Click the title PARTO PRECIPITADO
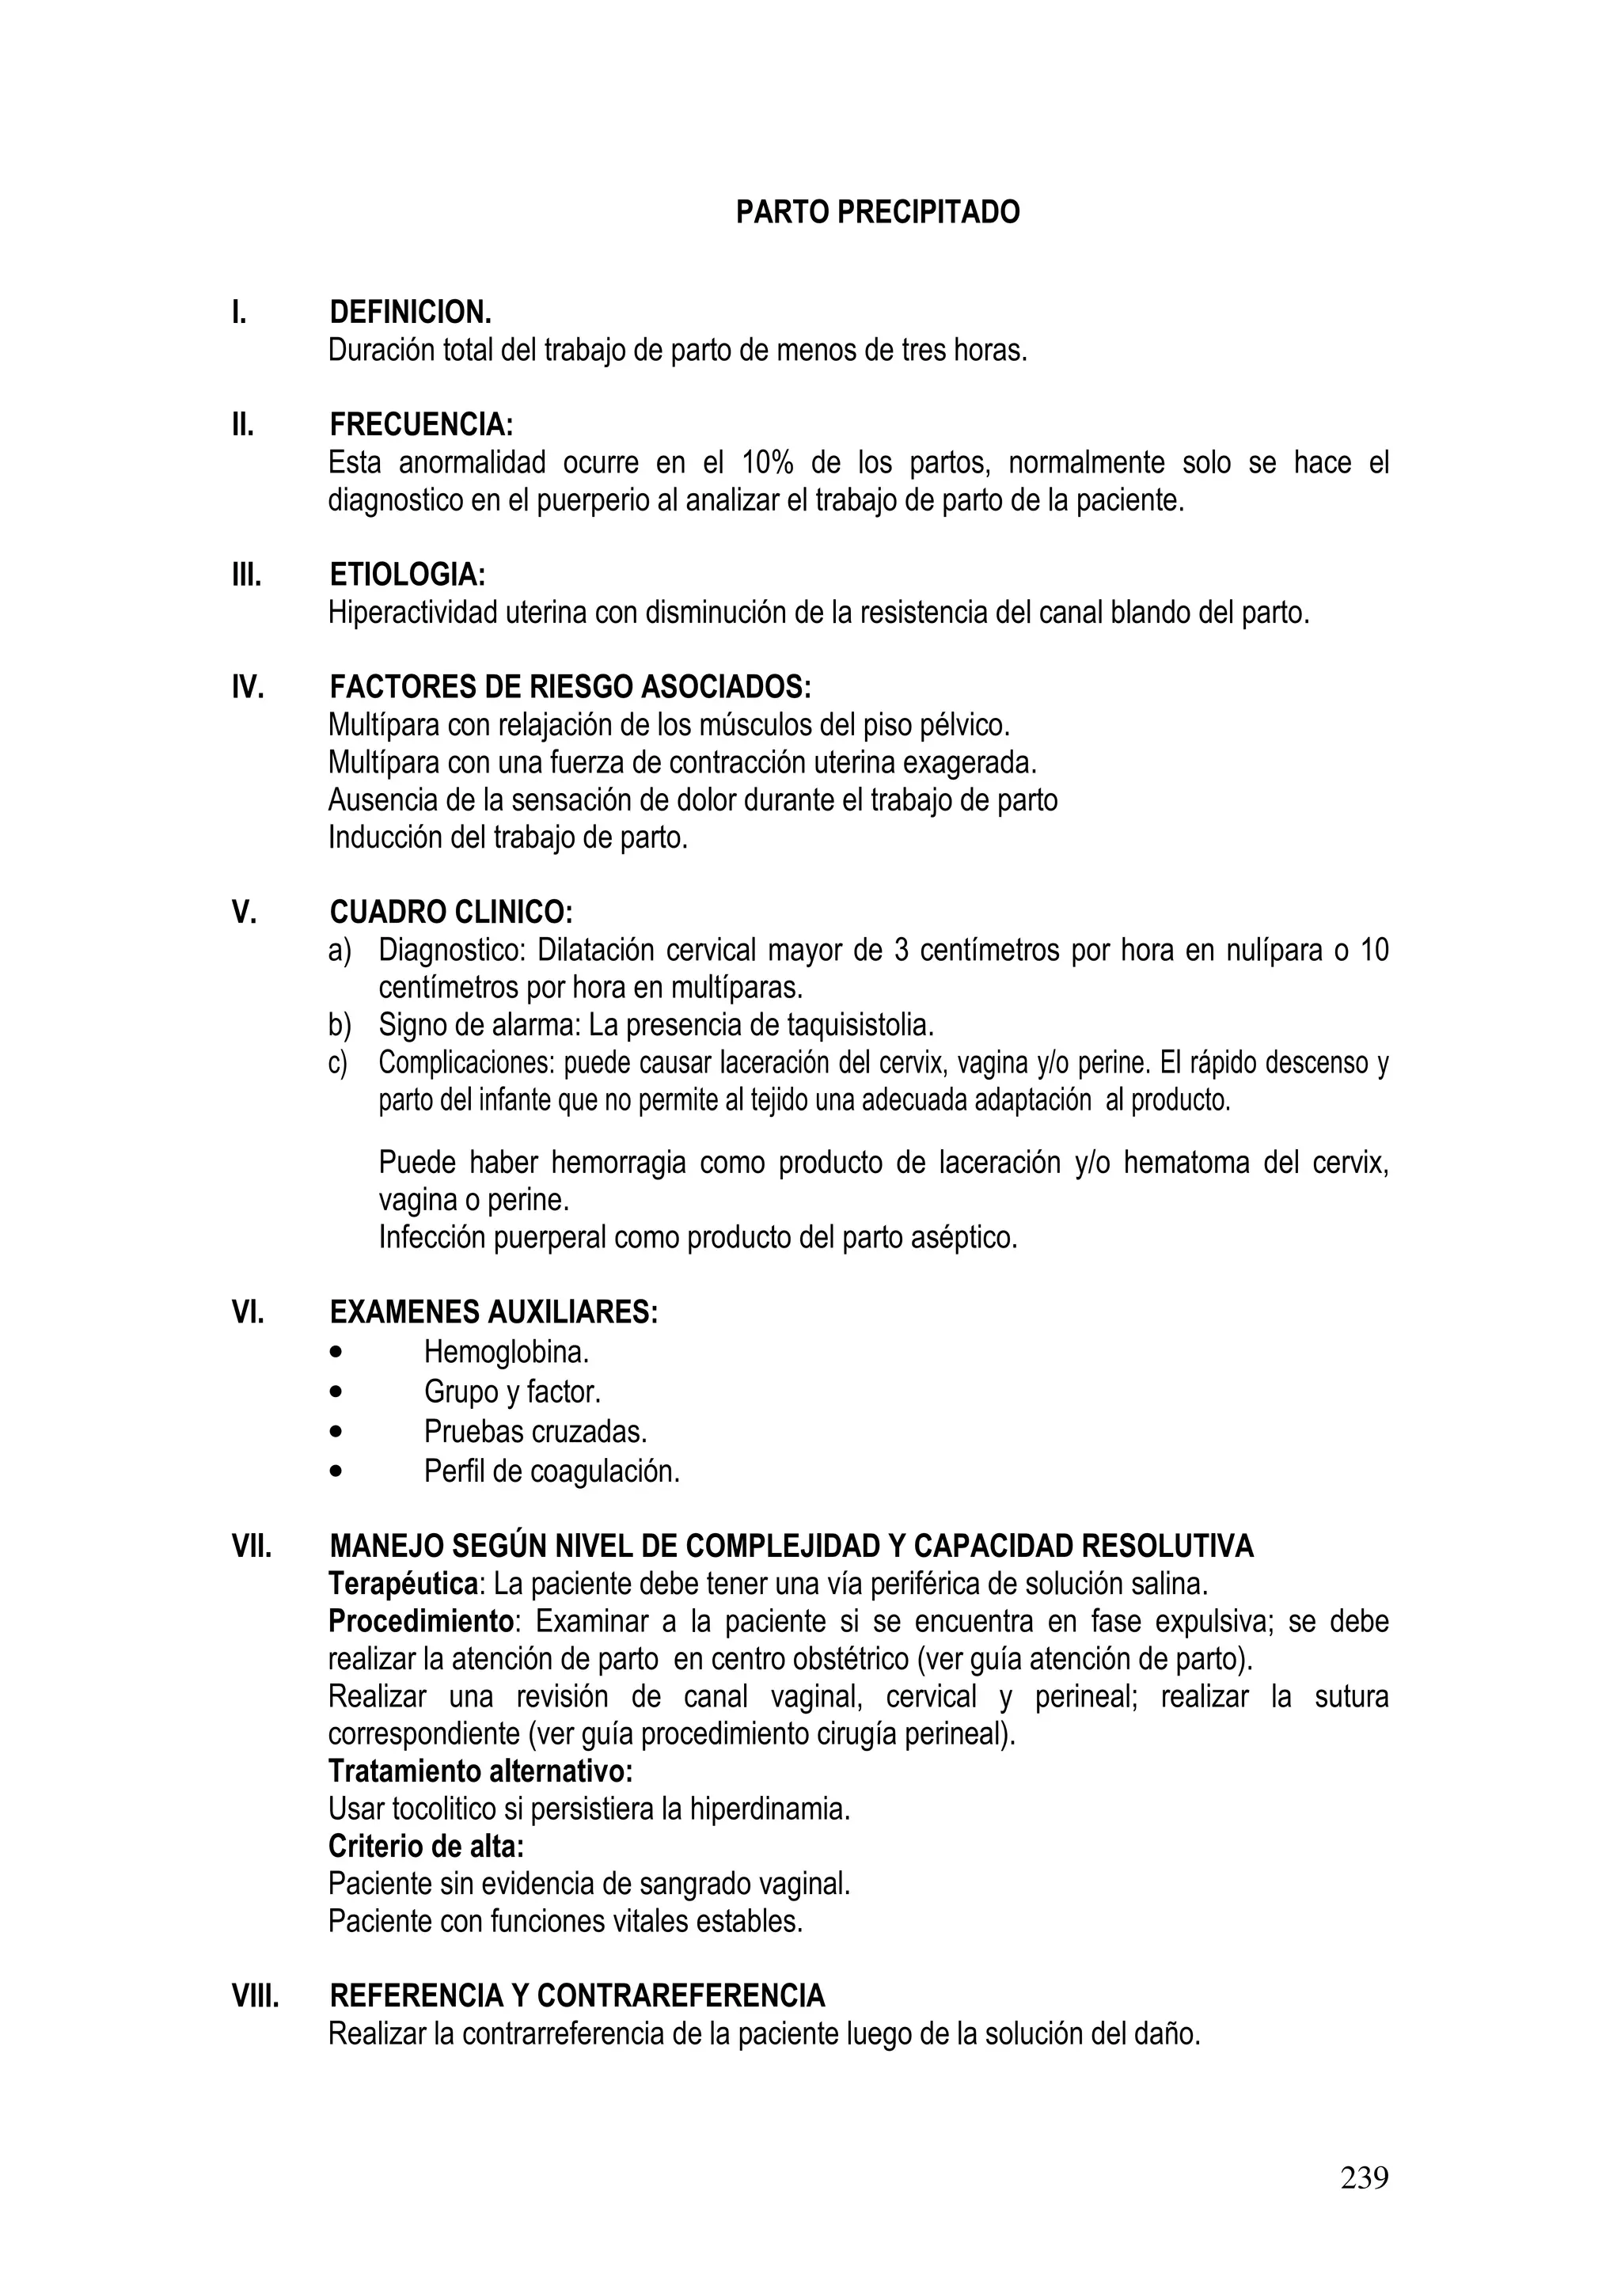(877, 213)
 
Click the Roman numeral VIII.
(256, 1995)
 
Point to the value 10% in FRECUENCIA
(767, 463)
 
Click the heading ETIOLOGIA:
(408, 575)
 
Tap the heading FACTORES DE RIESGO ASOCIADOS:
(571, 687)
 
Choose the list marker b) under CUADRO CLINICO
(340, 1025)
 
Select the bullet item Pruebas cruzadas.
(534, 1431)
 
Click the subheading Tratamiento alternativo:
(480, 1771)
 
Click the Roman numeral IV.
(248, 687)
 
